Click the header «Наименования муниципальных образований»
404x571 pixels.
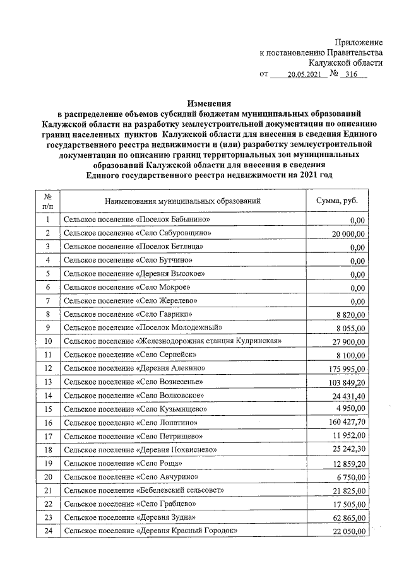pos(182,201)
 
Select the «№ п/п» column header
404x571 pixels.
pos(47,201)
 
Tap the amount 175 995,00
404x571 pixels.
pos(347,368)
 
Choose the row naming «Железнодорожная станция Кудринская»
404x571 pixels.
pos(172,341)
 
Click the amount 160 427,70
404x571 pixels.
pos(347,423)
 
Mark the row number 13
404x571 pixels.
pos(47,381)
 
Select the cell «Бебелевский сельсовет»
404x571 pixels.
pos(133,490)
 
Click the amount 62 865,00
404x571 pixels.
pos(349,518)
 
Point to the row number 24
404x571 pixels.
pos(47,531)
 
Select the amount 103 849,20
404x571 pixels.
pos(347,382)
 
